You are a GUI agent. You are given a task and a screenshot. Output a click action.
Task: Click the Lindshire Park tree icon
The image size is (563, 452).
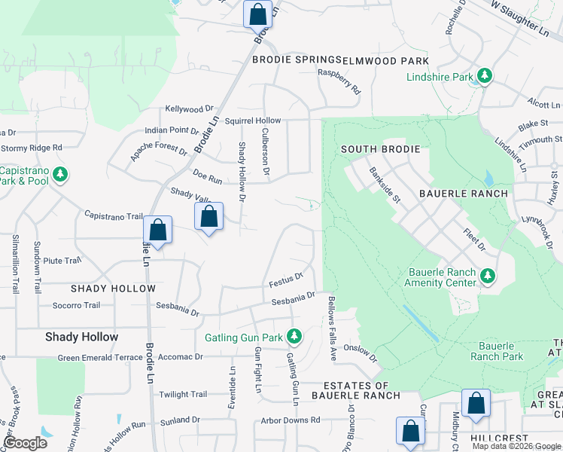pos(485,76)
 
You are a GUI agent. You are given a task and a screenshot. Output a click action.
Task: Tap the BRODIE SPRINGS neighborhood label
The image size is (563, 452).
pos(297,60)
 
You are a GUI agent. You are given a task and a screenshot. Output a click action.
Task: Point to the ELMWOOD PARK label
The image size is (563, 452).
pos(385,60)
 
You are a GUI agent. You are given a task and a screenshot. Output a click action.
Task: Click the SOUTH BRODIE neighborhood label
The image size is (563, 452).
pos(380,149)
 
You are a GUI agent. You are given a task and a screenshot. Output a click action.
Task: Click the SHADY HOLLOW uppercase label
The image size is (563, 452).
pos(113,289)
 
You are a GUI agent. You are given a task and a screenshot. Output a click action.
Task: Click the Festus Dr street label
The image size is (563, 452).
pos(286,279)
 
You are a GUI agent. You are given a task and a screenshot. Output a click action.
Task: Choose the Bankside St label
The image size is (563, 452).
pos(387,184)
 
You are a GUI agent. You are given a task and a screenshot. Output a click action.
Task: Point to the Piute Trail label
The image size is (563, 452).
pos(62,261)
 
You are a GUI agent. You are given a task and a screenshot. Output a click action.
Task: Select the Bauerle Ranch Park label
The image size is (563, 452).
pos(497,351)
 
